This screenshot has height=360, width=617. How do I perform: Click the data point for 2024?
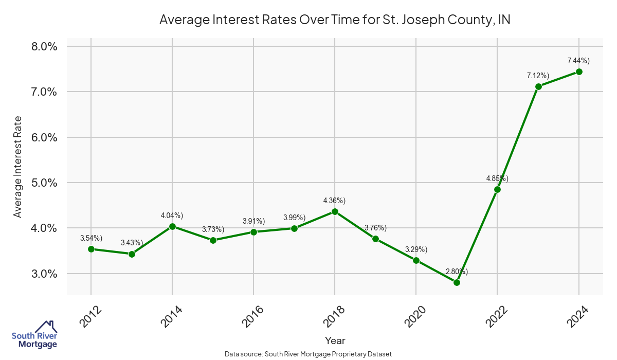tap(579, 71)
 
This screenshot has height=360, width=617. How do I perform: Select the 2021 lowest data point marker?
tap(457, 282)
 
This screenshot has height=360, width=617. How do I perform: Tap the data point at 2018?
tap(335, 211)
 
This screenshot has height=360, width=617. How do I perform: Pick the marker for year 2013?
tap(132, 254)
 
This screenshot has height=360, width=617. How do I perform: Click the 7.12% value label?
tap(538, 76)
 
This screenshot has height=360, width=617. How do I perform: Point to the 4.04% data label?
tap(172, 215)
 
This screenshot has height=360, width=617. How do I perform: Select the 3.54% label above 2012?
tap(91, 238)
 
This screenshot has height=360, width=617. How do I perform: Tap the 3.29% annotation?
tap(416, 249)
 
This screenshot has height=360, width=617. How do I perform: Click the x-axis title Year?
tap(335, 340)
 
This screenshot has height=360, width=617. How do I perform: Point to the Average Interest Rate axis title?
tap(18, 167)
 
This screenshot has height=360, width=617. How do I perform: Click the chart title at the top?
tap(335, 20)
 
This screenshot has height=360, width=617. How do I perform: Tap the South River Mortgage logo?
tap(34, 335)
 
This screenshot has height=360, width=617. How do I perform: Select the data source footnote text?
tap(308, 354)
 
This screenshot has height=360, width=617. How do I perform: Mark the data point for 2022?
tap(497, 189)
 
